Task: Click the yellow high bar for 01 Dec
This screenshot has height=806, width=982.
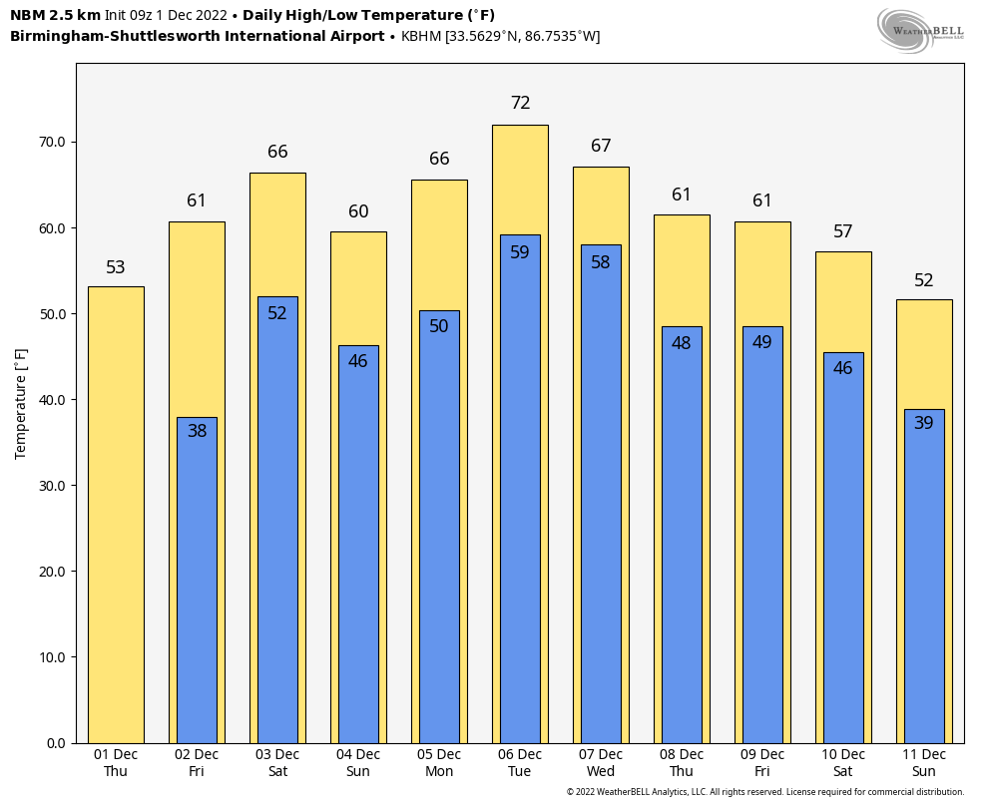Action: tap(116, 514)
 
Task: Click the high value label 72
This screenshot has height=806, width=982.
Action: tap(520, 103)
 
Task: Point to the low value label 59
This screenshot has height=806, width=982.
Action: tap(520, 252)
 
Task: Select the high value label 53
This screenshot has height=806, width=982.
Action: tap(116, 267)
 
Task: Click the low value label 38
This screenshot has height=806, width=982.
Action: tap(197, 431)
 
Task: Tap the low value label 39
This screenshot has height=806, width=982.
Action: tap(924, 423)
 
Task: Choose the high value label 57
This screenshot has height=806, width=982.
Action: tap(843, 231)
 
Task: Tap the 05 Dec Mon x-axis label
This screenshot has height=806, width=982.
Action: tap(439, 763)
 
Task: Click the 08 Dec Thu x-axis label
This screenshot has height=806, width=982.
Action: tap(682, 763)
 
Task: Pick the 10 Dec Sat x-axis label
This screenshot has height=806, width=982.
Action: tap(843, 763)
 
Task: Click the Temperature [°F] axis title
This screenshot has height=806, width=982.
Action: tap(21, 403)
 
